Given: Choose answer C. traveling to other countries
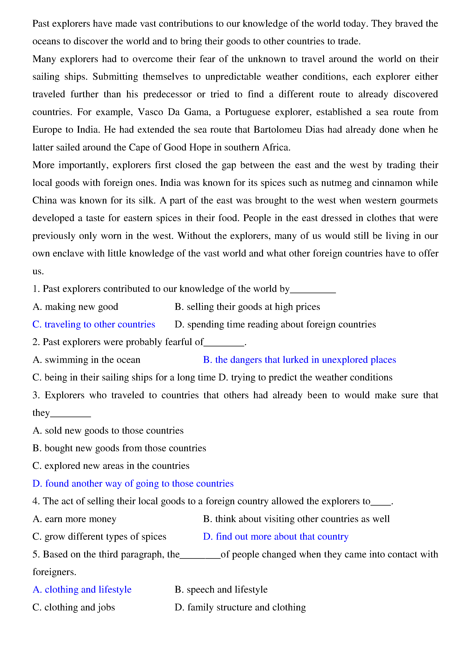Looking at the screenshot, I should (x=94, y=324).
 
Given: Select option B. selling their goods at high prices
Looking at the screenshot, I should (x=247, y=307).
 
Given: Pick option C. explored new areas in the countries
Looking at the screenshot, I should (x=111, y=466).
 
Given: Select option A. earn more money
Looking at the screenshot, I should (x=75, y=519).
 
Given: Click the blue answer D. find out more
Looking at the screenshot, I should (x=276, y=536).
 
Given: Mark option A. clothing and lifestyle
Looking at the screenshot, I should (x=82, y=589).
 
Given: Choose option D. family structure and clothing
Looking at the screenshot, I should (x=240, y=607).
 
